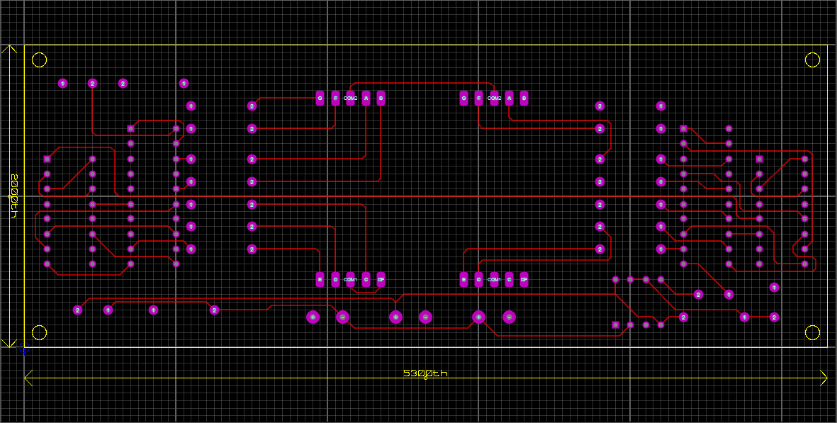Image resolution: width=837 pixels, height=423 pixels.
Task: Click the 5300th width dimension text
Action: click(425, 373)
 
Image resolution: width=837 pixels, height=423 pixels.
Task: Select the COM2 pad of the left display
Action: click(350, 98)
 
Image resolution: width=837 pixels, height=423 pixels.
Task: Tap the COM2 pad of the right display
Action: click(494, 98)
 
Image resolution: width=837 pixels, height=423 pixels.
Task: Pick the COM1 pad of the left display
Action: click(350, 280)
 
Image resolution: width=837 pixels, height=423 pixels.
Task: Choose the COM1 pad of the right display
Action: click(494, 280)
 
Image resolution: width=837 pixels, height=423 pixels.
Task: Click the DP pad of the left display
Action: click(381, 280)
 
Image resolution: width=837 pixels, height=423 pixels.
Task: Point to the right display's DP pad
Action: click(524, 280)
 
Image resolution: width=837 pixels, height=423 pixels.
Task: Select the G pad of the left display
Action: click(320, 98)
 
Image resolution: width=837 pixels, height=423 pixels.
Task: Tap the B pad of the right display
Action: click(524, 98)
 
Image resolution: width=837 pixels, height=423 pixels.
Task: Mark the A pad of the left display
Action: click(366, 98)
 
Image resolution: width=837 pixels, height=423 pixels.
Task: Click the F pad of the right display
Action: click(478, 98)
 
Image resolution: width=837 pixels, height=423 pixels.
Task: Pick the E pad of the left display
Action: click(320, 280)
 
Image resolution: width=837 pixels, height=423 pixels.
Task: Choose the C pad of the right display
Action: click(509, 280)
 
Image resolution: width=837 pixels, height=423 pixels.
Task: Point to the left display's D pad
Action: click(335, 280)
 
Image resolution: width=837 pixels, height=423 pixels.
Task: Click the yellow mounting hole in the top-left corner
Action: click(40, 60)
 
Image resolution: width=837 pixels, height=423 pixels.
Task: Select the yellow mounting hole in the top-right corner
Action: click(812, 60)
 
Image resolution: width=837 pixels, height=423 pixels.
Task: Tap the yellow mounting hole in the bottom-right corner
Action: click(812, 332)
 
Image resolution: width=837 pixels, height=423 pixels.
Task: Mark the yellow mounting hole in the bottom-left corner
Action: click(40, 332)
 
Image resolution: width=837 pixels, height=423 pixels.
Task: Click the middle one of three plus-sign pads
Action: click(395, 317)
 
